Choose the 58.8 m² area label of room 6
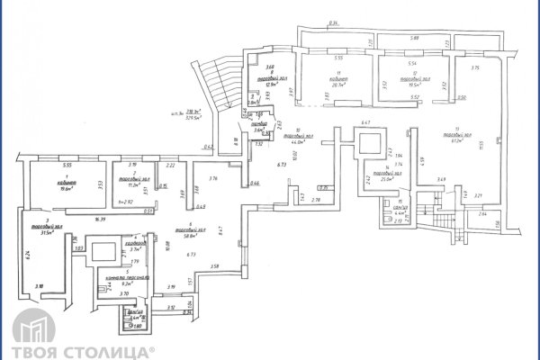pos(190,234)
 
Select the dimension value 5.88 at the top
pos(414,39)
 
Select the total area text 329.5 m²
pos(191,117)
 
